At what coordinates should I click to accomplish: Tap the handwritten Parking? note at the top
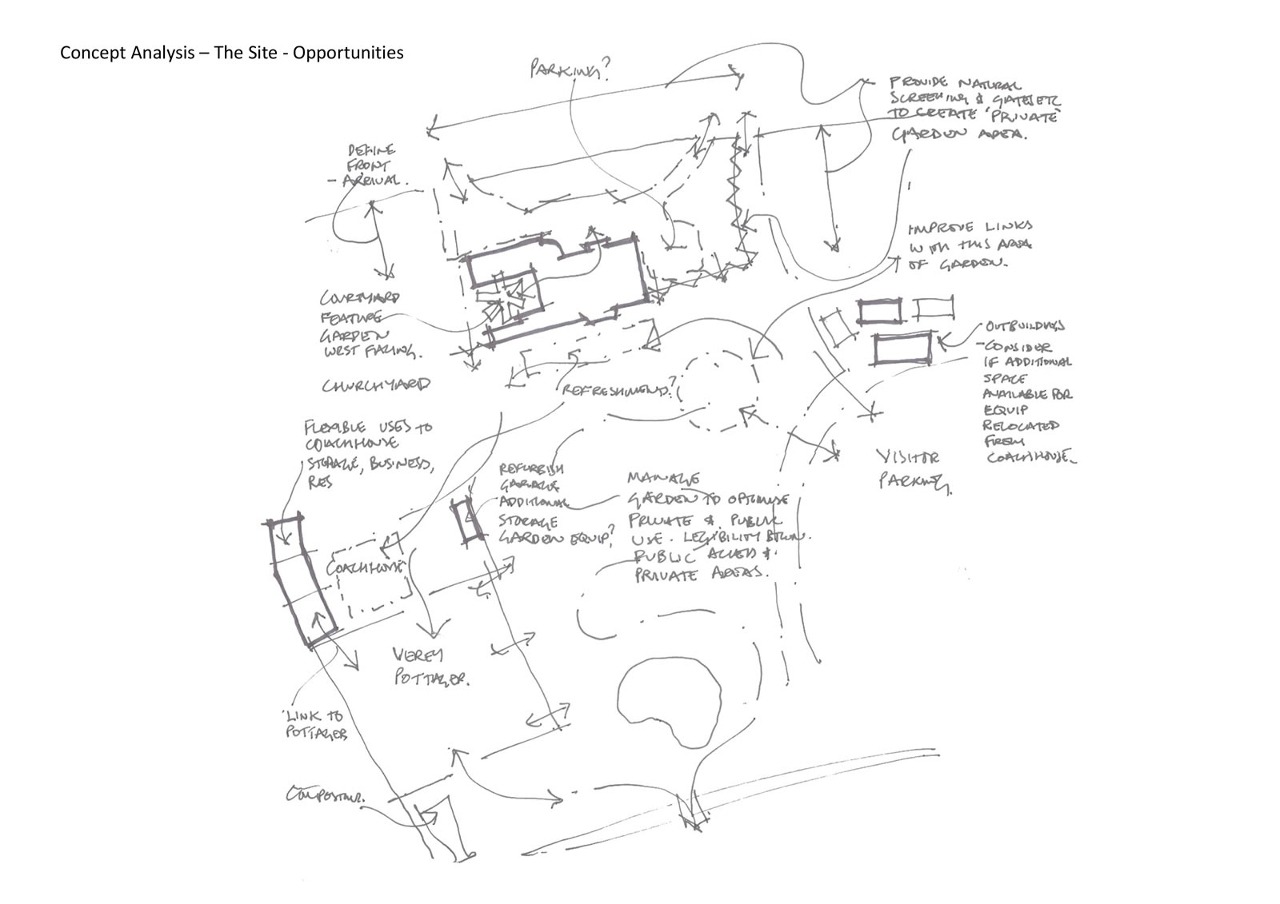[570, 71]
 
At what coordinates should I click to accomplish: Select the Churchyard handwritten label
[375, 385]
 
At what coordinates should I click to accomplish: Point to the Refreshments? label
[617, 390]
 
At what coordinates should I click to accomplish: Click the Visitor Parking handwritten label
[913, 469]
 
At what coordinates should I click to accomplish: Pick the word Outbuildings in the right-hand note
[1024, 326]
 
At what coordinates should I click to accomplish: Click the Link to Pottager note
[316, 724]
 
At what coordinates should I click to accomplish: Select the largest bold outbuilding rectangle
[902, 348]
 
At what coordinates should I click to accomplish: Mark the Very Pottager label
[429, 667]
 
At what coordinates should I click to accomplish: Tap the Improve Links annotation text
[968, 245]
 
